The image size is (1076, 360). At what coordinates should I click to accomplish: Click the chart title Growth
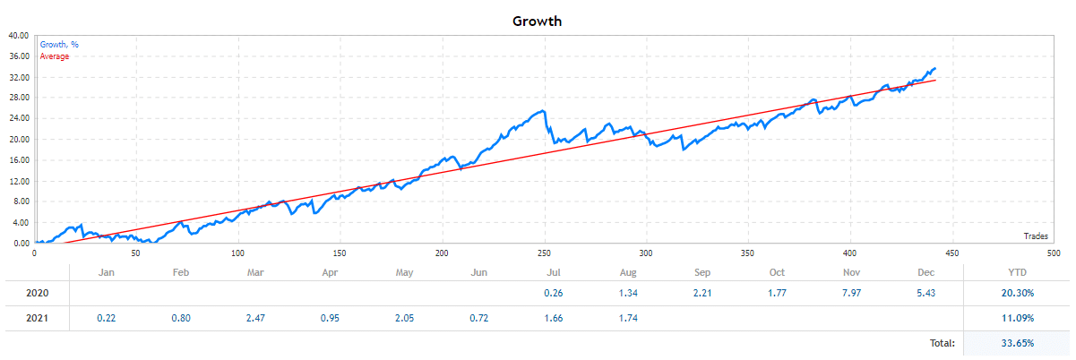click(538, 21)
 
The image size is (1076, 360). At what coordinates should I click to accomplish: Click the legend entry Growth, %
click(58, 44)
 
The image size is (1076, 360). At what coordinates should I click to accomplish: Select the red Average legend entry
click(55, 56)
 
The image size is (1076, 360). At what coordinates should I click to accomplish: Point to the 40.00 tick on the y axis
click(19, 36)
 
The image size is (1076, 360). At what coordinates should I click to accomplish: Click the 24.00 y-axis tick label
click(19, 118)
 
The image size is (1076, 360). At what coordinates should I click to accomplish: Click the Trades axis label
click(1037, 236)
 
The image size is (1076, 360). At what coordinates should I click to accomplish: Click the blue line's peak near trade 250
click(543, 111)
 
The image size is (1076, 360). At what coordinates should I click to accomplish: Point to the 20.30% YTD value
click(1015, 293)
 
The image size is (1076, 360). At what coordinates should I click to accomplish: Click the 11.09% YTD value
click(1015, 318)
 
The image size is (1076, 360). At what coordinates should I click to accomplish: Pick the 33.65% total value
click(1015, 342)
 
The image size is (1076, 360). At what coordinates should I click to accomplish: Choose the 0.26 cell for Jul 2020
click(554, 293)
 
